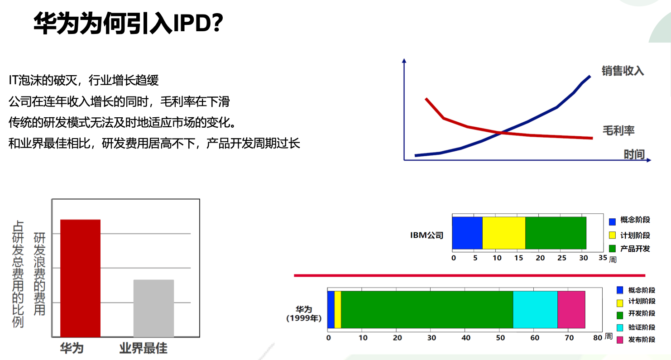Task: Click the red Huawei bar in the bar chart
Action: pos(80,278)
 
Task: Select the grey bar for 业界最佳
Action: pos(153,308)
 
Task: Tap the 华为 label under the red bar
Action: pos(72,348)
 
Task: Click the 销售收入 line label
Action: pos(623,71)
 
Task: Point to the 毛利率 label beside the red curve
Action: pos(618,130)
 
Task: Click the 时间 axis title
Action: pos(634,154)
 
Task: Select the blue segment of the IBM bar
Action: pos(467,233)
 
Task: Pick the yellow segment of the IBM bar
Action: pos(504,233)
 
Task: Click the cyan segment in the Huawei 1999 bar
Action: pos(535,309)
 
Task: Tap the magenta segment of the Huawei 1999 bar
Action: pos(571,309)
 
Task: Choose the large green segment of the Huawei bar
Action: pos(427,309)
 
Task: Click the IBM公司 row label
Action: pos(427,235)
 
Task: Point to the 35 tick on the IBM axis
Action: pos(603,258)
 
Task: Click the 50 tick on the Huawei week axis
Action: pos(500,337)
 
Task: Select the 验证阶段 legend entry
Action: pos(636,327)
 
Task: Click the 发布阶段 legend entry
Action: pos(636,340)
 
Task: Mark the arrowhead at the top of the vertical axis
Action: pos(404,61)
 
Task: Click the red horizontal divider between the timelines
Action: pos(470,275)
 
